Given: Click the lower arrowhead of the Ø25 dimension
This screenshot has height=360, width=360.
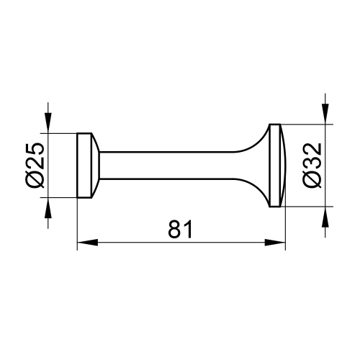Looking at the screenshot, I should pyautogui.click(x=49, y=205).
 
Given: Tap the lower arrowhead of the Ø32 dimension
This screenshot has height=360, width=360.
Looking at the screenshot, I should pyautogui.click(x=326, y=215).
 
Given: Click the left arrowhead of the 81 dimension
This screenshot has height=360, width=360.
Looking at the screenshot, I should pyautogui.click(x=84, y=243).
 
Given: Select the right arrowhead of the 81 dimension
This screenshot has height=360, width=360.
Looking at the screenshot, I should pyautogui.click(x=279, y=243).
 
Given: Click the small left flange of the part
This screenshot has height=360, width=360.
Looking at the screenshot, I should pyautogui.click(x=84, y=166).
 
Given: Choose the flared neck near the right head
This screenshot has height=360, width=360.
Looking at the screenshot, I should pyautogui.click(x=256, y=166).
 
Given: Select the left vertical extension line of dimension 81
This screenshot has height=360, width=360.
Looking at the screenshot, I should pyautogui.click(x=76, y=223).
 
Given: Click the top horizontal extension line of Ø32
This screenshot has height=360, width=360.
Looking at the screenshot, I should pyautogui.click(x=306, y=124).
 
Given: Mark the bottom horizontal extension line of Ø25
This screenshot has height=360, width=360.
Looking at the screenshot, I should pyautogui.click(x=61, y=198).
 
